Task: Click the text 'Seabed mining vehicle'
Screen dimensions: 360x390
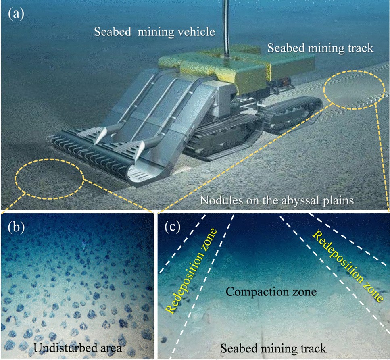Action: pyautogui.click(x=154, y=32)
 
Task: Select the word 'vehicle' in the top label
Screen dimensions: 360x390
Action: pyautogui.click(x=197, y=32)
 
